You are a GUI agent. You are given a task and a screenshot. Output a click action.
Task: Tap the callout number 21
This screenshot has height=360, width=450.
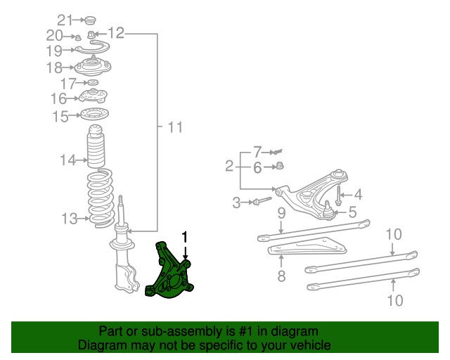coord(65,19)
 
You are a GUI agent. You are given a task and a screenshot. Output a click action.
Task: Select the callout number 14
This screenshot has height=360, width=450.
coord(67,161)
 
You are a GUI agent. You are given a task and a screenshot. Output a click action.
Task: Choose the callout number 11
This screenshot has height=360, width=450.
coord(174,127)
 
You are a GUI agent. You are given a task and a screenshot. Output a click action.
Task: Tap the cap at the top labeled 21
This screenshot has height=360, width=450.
coord(91,19)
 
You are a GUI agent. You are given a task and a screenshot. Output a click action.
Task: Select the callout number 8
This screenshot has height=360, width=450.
coord(281,276)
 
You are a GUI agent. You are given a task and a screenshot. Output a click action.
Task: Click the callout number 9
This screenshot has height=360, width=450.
coord(280,212)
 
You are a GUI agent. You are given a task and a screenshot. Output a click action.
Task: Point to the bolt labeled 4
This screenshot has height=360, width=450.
coord(339,194)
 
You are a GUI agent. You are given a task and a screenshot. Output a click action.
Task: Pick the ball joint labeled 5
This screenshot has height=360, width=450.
coord(327,209)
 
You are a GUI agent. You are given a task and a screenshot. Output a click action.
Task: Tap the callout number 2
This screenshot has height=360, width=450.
coord(229,166)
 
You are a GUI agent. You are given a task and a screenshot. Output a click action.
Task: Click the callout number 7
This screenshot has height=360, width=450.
coord(257,151)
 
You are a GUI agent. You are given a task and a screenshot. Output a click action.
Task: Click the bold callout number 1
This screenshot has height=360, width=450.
coord(186,238)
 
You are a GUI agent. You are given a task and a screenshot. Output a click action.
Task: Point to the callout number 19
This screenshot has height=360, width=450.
coord(55,51)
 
